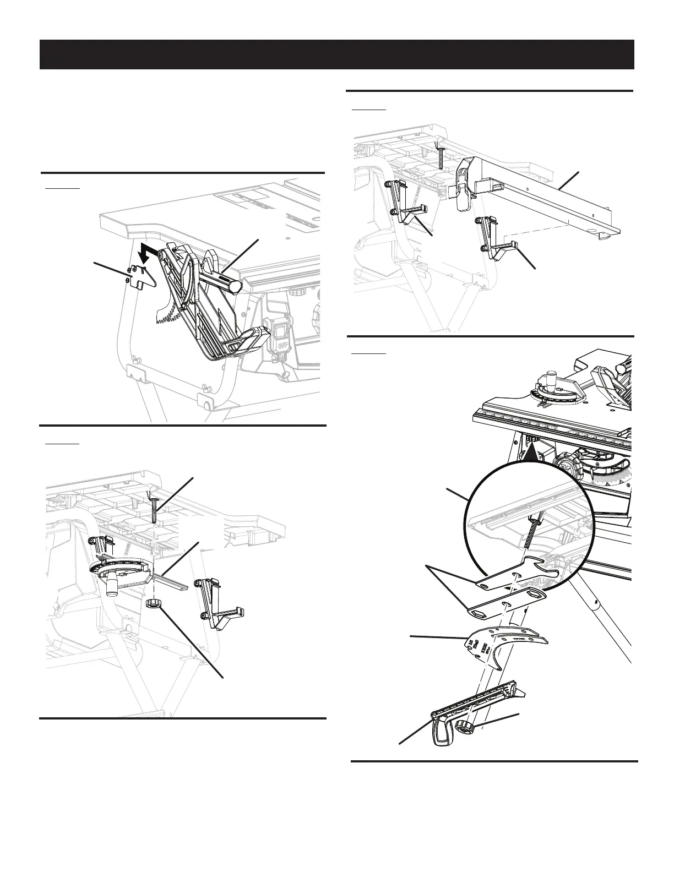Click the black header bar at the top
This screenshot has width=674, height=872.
tap(336, 54)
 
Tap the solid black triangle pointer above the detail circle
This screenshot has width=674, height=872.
tap(530, 453)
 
